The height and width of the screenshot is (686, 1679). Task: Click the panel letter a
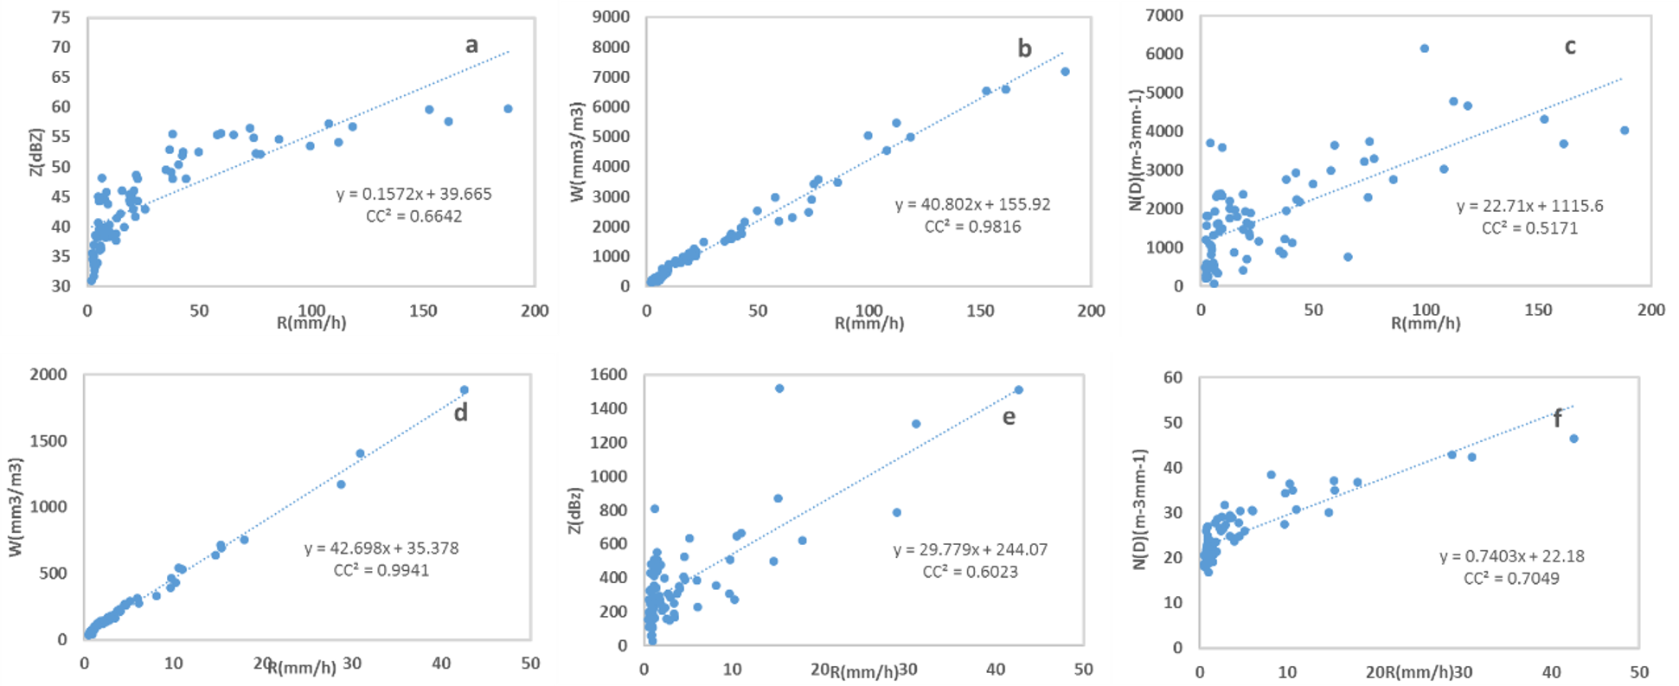pyautogui.click(x=471, y=45)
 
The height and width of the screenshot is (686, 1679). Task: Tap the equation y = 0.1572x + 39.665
pyautogui.click(x=413, y=194)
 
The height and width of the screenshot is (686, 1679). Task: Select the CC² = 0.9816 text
pyautogui.click(x=972, y=227)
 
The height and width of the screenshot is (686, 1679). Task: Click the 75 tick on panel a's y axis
pyautogui.click(x=61, y=17)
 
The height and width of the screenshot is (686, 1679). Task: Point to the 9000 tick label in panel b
pyautogui.click(x=611, y=16)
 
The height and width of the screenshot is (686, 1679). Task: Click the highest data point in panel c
pyautogui.click(x=1425, y=48)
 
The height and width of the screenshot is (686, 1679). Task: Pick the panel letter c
pyautogui.click(x=1570, y=47)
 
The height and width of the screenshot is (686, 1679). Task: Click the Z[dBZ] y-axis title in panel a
pyautogui.click(x=35, y=152)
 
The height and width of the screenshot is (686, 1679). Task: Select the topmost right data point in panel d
pyautogui.click(x=465, y=390)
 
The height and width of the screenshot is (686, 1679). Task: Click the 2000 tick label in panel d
pyautogui.click(x=48, y=375)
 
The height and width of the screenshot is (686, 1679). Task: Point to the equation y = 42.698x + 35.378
pyautogui.click(x=381, y=548)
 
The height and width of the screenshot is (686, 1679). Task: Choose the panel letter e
pyautogui.click(x=1009, y=417)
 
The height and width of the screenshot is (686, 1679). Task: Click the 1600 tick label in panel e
pyautogui.click(x=608, y=375)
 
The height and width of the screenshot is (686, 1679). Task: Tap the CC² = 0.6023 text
pyautogui.click(x=970, y=572)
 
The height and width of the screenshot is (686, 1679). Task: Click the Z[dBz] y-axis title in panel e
pyautogui.click(x=574, y=510)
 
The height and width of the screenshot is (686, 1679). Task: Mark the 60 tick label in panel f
pyautogui.click(x=1173, y=377)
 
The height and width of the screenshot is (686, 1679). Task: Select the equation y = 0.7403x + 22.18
pyautogui.click(x=1511, y=556)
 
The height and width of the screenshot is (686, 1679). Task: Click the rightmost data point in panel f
pyautogui.click(x=1574, y=439)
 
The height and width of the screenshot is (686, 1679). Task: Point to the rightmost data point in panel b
pyautogui.click(x=1065, y=72)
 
